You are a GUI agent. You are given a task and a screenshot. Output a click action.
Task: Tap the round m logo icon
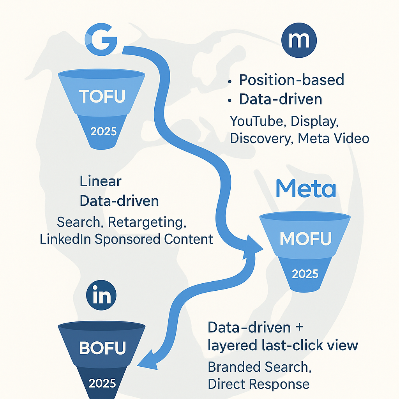[x=299, y=41]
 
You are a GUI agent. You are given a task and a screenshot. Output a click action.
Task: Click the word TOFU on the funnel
[x=102, y=96]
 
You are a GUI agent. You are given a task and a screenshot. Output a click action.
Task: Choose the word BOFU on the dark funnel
[x=102, y=348]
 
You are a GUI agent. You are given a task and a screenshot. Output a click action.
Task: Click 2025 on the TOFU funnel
[x=103, y=131]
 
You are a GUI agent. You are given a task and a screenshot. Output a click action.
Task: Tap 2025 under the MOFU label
[x=305, y=274]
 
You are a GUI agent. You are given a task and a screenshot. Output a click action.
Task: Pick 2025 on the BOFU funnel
[x=102, y=383]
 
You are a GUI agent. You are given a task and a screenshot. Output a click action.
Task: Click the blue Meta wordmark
[x=305, y=189]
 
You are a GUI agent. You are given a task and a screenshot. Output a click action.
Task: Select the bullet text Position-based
[x=291, y=79]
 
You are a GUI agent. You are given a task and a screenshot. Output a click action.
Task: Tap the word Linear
[x=101, y=181]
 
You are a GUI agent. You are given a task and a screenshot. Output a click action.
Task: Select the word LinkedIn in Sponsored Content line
[x=64, y=239]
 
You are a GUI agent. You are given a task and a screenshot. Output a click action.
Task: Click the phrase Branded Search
[x=260, y=367]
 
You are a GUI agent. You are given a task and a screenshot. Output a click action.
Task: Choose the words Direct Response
[x=259, y=384]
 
